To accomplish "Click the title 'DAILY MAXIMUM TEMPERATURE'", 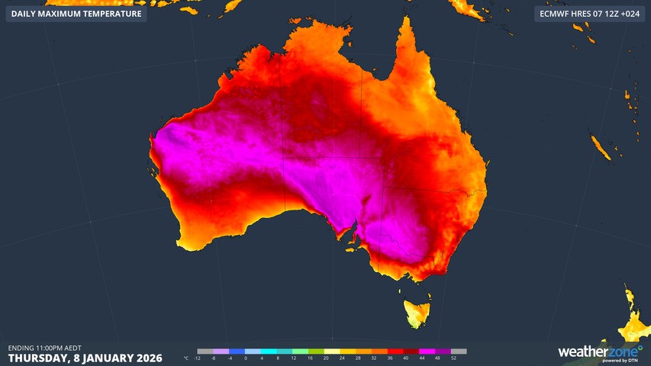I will click(76, 14).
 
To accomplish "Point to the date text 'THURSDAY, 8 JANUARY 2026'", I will click(85, 358).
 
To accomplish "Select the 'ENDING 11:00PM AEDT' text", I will click(45, 348).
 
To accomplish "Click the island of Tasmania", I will click(417, 312).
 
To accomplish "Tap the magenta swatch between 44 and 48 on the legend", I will click(430, 352).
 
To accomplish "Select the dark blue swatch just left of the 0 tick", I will click(237, 352).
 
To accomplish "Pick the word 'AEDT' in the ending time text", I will click(72, 348).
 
